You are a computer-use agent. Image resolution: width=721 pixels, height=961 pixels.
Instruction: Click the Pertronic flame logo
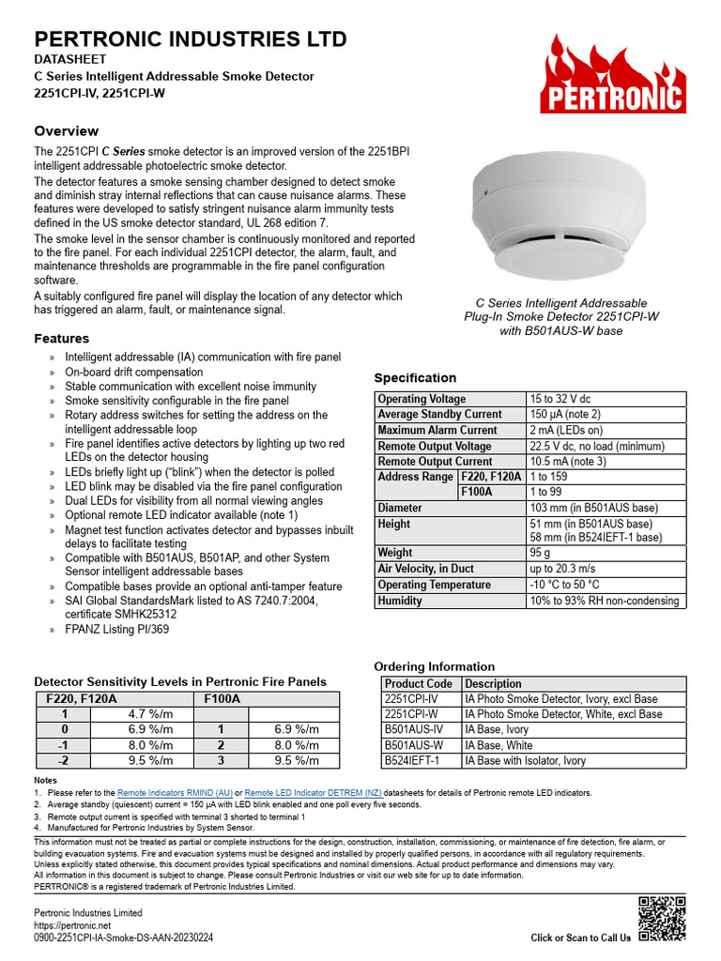tap(612, 75)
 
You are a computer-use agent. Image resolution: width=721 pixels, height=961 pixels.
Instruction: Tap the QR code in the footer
tap(662, 919)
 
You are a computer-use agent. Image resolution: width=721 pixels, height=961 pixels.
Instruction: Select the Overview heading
tap(66, 131)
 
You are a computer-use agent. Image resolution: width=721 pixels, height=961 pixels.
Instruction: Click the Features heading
tap(62, 338)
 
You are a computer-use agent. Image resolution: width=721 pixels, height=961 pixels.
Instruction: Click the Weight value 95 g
tap(541, 553)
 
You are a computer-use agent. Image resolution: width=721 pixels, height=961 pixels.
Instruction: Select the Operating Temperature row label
tap(434, 585)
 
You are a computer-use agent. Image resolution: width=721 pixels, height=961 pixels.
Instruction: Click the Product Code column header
tap(419, 683)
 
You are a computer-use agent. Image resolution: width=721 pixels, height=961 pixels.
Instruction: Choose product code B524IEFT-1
tap(412, 760)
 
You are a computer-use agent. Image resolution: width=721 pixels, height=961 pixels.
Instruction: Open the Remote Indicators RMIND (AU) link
tap(175, 793)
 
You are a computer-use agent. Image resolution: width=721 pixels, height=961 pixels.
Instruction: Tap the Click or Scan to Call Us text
tap(580, 938)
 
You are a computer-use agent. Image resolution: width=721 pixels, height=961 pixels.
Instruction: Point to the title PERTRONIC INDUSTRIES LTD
tap(191, 39)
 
